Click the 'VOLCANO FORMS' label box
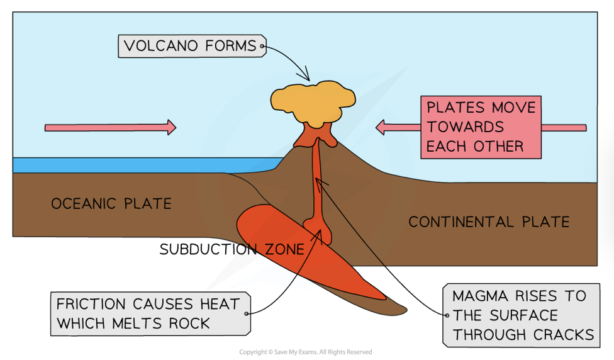point(190,46)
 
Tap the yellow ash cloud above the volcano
point(313,101)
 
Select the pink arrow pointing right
point(110,128)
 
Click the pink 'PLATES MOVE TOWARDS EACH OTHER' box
point(481,127)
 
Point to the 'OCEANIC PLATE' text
point(111,204)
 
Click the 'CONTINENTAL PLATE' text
point(489,222)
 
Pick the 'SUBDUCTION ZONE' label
point(232,249)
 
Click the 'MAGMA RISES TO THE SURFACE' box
point(519,315)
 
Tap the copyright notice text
point(306,352)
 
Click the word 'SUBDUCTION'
point(208,249)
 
